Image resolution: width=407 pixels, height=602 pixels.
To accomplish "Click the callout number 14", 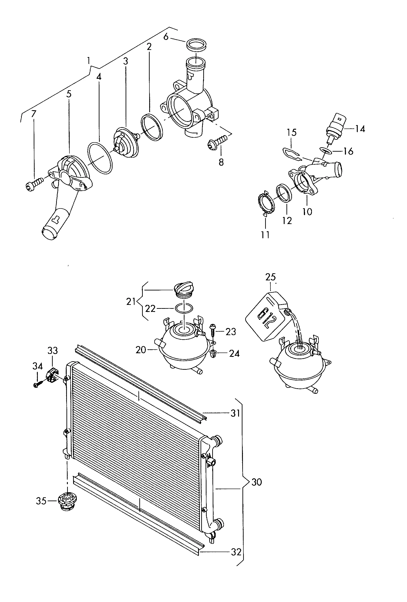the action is [360, 129].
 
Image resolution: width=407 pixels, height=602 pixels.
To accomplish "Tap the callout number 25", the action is [270, 277].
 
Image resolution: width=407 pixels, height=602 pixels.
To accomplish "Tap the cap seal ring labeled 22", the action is [184, 308].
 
